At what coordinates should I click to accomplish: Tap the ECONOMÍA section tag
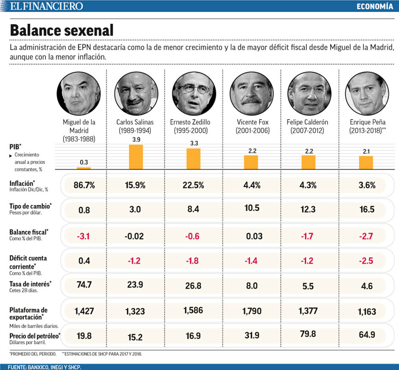pos(375,6)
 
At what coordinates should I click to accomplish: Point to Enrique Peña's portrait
pos(366,93)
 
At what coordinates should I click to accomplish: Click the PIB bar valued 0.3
pos(83,168)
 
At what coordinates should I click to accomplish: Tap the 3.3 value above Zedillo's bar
pos(194,143)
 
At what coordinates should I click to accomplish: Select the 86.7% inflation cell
pos(83,185)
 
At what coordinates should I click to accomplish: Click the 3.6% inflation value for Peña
pos(367,185)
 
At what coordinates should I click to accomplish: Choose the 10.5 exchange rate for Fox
pos(252,209)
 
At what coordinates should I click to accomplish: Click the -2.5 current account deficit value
pos(367,260)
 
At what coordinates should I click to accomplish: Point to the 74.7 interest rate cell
pos(83,285)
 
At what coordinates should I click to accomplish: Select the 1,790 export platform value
pos(252,311)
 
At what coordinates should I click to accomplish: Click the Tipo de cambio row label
pos(30,206)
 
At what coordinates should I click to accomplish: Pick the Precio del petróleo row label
pos(34,335)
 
